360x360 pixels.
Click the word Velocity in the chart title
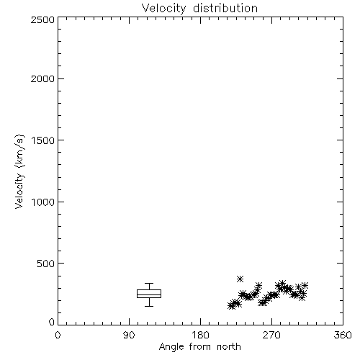(x=163, y=9)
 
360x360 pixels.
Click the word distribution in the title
(x=225, y=8)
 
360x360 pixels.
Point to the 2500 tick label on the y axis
(x=42, y=19)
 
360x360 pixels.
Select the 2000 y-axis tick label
(x=42, y=78)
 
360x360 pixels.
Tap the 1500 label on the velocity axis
(x=43, y=140)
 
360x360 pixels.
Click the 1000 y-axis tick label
(x=43, y=202)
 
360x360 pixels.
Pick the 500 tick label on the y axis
(x=46, y=264)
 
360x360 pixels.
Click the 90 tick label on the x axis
(x=129, y=335)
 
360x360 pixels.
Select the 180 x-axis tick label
(x=200, y=335)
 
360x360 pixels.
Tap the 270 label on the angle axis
(x=271, y=335)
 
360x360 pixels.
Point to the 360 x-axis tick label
(x=343, y=335)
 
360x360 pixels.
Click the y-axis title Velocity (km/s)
(x=19, y=171)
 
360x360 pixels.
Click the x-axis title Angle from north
(x=199, y=347)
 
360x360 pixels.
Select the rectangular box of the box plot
(x=149, y=290)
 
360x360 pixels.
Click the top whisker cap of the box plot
(x=149, y=284)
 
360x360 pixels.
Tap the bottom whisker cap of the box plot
(x=149, y=306)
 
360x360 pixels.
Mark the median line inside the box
(x=149, y=294)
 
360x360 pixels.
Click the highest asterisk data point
(x=240, y=279)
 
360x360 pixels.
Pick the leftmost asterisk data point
(x=231, y=306)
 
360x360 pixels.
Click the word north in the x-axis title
(x=229, y=346)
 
